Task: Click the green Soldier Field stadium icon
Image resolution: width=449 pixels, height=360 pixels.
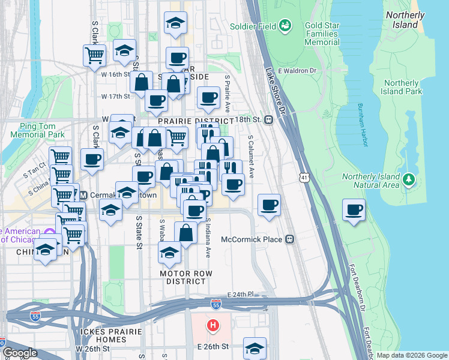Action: [x=286, y=26]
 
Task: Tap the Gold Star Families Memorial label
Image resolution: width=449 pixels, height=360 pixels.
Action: [x=322, y=34]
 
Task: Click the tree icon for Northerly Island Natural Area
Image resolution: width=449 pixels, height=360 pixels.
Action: [x=409, y=179]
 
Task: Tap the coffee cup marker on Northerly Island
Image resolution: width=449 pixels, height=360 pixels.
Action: [x=354, y=211]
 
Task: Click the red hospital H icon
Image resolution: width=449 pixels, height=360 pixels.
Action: [x=212, y=326]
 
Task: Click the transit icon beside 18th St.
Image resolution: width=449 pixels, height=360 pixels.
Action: [x=269, y=119]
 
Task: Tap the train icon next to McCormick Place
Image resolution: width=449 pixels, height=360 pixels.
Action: [x=290, y=239]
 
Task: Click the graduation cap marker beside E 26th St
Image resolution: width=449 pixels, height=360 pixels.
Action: [x=255, y=347]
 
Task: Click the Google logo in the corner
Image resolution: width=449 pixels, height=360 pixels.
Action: [x=19, y=353]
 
